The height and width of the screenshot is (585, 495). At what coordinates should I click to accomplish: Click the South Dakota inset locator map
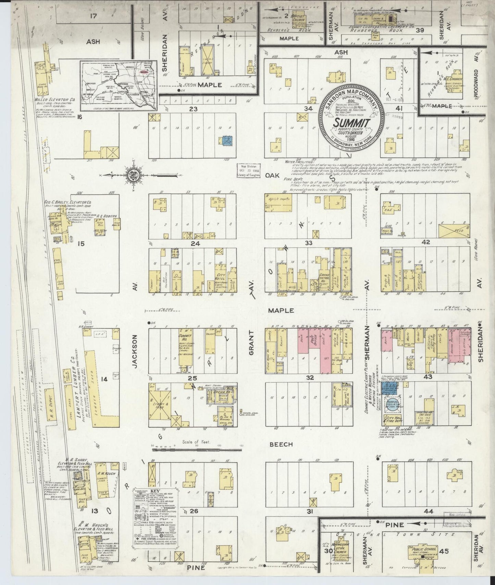pos(119,86)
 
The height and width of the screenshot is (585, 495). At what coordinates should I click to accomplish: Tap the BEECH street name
pos(281,444)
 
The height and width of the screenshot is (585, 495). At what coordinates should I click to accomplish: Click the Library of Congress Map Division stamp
pos(249,170)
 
